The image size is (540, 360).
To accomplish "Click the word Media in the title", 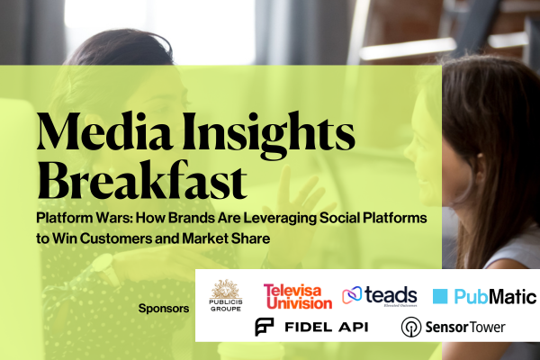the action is (104, 131).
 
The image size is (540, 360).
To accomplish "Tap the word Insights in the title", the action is (268, 135).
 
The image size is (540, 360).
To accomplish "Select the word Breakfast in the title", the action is (142, 180).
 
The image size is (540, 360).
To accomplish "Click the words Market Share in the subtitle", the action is (226, 238).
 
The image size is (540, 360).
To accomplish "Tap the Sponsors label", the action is (164, 309).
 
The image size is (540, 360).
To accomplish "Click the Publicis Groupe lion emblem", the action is (226, 289).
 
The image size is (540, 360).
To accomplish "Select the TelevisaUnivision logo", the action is (298, 296).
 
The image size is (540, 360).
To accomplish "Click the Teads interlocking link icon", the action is (352, 295).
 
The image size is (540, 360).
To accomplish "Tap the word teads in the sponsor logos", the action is (391, 295).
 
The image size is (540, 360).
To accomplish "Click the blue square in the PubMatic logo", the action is (440, 296).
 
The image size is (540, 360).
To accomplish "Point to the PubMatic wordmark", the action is (495, 297).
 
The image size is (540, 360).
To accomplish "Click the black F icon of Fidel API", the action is (264, 327).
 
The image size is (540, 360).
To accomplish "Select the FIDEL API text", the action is (327, 327).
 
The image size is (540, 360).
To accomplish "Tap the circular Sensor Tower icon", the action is (411, 327).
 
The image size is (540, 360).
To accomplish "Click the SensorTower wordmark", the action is (465, 327).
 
